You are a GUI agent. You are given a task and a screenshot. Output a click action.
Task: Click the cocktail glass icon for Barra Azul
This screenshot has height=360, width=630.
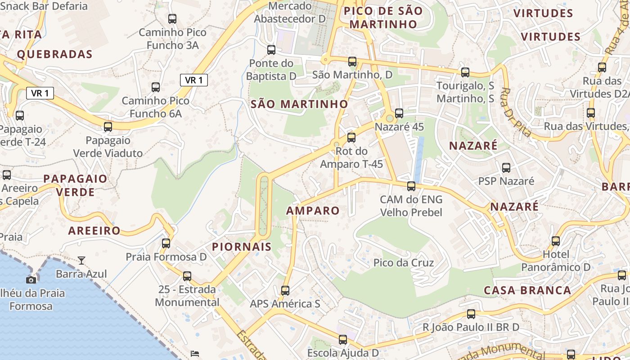(81, 260)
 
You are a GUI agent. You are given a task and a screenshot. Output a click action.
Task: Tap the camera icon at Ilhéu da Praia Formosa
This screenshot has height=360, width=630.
(31, 280)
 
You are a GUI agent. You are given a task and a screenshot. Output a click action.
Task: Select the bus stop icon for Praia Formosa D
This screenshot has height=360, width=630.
(166, 243)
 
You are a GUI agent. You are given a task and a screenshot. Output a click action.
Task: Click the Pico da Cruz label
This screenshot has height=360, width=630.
(404, 263)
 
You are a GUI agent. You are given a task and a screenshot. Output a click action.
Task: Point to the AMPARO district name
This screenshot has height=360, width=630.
(313, 211)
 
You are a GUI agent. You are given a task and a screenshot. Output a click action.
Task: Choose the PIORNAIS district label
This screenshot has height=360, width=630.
(242, 247)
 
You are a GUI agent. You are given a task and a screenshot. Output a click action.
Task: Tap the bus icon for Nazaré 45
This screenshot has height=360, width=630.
(399, 113)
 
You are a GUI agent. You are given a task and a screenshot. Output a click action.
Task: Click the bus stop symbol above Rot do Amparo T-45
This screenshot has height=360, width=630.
(351, 138)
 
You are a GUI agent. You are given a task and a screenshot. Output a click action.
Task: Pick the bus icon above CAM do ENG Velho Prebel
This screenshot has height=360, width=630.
(411, 186)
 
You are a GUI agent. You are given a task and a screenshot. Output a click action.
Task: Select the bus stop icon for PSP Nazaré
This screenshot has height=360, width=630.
(506, 168)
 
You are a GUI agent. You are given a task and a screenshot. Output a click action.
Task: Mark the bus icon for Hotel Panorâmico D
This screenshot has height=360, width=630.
(556, 241)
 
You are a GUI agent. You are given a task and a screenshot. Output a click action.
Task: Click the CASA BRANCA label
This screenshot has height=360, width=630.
(527, 290)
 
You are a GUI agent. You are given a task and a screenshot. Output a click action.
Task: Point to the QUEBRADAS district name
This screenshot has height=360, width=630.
(54, 54)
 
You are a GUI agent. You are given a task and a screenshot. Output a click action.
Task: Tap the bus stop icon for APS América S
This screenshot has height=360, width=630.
(285, 291)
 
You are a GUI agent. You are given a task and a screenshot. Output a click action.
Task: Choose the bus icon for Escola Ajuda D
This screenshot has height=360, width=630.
(343, 340)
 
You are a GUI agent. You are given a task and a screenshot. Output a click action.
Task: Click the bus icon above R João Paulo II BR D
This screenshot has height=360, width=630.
(471, 314)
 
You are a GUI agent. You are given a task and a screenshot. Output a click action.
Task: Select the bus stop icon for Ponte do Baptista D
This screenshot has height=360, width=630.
(271, 50)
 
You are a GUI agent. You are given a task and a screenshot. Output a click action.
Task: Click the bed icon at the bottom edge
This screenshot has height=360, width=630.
(195, 354)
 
